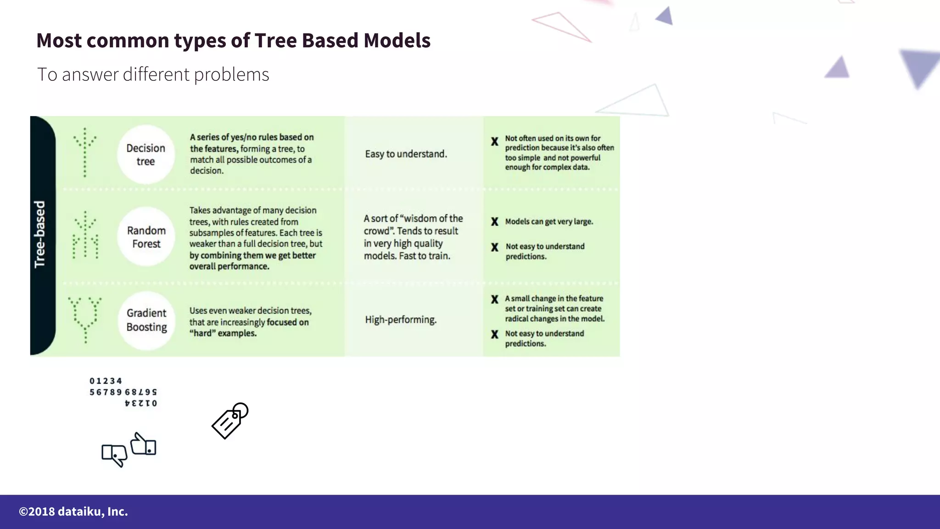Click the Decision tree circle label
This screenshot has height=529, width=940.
[x=145, y=155]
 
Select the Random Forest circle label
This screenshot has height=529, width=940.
[x=146, y=237]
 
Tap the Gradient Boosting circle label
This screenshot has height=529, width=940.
[x=146, y=320]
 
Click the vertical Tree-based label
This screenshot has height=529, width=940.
[x=40, y=234]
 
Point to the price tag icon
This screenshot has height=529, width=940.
[x=229, y=421]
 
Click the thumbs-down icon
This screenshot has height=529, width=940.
[x=114, y=455]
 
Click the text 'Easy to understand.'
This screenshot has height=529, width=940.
[x=406, y=154]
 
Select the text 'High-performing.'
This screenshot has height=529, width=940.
[x=401, y=320]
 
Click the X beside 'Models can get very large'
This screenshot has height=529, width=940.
[x=494, y=222]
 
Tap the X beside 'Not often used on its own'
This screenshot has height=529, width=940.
[x=494, y=141]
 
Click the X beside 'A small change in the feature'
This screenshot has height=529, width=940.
[x=494, y=299]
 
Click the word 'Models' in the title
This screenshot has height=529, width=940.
[x=397, y=40]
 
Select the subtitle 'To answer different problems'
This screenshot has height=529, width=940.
[x=153, y=74]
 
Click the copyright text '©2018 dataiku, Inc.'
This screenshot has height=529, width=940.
[x=73, y=512]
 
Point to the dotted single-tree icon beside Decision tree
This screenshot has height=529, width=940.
[x=85, y=152]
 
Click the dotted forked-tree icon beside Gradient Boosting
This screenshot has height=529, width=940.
[x=85, y=319]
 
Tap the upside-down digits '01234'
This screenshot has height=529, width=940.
[x=141, y=403]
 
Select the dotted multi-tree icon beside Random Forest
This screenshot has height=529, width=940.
[x=85, y=236]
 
